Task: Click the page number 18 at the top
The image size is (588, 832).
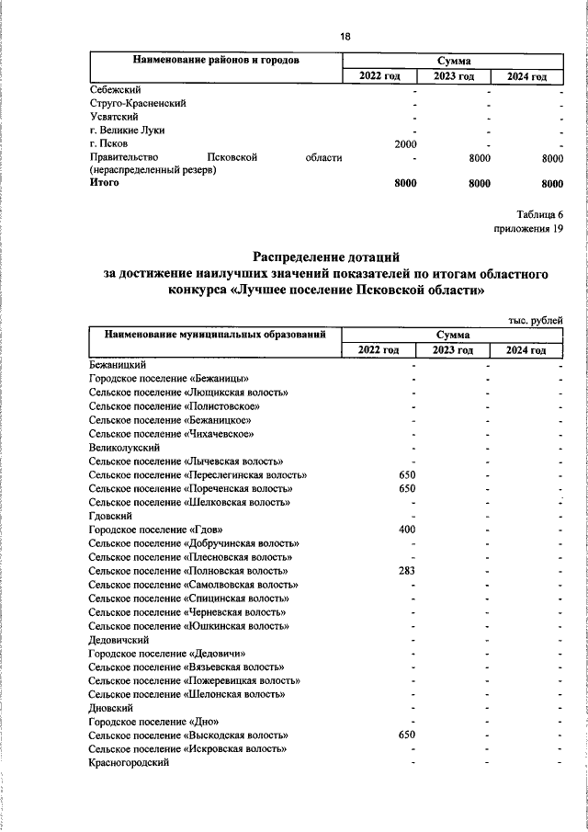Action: point(345,36)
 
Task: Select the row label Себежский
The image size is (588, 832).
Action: point(114,90)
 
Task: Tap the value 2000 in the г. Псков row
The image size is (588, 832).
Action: point(405,144)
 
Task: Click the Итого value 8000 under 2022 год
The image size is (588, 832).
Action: point(405,184)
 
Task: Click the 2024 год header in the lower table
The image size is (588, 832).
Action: point(526,351)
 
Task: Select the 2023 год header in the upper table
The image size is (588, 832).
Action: point(454,75)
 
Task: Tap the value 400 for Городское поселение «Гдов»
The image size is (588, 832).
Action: point(407,530)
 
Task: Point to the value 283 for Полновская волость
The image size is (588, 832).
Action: point(407,571)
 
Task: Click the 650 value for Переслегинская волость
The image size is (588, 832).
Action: point(407,475)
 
